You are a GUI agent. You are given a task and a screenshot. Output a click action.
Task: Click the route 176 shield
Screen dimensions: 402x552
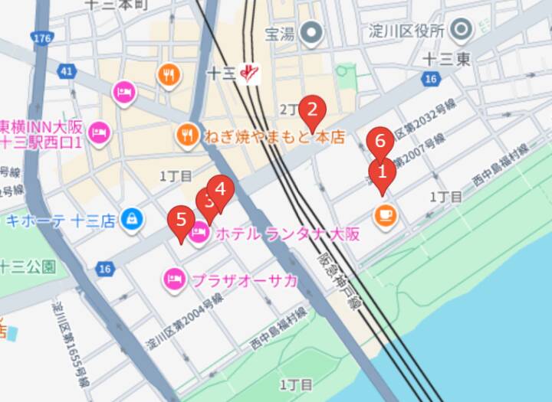click(43, 38)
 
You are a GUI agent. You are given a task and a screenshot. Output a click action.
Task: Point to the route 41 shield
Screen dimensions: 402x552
click(67, 72)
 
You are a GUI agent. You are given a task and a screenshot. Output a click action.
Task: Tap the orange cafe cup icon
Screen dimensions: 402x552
click(386, 214)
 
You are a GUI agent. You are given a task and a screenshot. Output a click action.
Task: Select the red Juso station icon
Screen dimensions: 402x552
click(250, 73)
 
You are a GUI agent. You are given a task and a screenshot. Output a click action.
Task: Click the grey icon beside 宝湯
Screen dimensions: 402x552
click(311, 33)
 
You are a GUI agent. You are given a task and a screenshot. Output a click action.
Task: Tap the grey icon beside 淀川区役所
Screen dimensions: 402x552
click(462, 31)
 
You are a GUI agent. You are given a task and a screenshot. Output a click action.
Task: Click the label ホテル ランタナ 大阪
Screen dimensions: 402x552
click(287, 234)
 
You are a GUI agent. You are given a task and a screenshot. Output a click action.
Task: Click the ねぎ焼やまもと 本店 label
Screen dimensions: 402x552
click(274, 138)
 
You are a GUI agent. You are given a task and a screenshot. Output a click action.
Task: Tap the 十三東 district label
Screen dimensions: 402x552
click(448, 59)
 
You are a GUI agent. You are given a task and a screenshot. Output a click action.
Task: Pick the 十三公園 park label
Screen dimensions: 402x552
click(28, 267)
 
